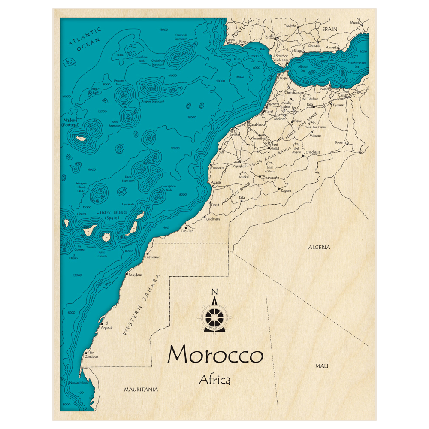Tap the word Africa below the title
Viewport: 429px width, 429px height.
pos(214,380)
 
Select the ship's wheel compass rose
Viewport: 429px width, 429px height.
pos(214,317)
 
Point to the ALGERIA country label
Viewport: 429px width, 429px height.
pos(319,248)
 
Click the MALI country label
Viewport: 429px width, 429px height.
pos(321,366)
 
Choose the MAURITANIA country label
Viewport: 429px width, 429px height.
pos(141,390)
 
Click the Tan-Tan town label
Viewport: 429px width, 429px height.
pos(187,231)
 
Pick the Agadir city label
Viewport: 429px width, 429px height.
pos(216,182)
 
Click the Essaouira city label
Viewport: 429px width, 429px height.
pos(218,168)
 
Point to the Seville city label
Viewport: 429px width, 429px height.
pos(270,36)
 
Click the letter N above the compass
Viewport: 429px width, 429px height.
pos(214,293)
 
